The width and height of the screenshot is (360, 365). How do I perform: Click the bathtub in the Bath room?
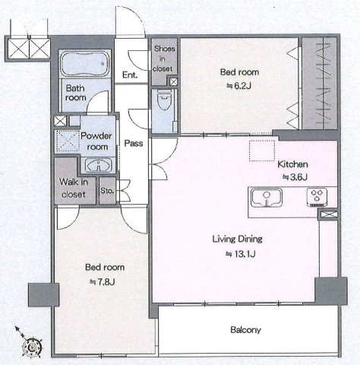pyautogui.click(x=85, y=64)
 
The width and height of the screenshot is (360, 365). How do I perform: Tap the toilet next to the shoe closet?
pyautogui.click(x=164, y=100)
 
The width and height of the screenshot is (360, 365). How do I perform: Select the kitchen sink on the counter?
pyautogui.click(x=267, y=198)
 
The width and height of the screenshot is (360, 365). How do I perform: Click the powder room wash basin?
pyautogui.click(x=99, y=166)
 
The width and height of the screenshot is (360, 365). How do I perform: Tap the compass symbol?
pyautogui.click(x=32, y=347)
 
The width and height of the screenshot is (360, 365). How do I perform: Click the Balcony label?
pyautogui.click(x=245, y=330)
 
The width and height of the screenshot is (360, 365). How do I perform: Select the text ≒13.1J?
pyautogui.click(x=240, y=253)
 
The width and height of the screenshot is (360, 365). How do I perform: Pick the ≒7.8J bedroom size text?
pyautogui.click(x=103, y=281)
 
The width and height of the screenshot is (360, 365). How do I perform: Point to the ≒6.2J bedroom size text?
pyautogui.click(x=238, y=86)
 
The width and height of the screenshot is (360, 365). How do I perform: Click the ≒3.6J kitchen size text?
pyautogui.click(x=295, y=177)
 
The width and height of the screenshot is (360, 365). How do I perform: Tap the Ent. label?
pyautogui.click(x=130, y=75)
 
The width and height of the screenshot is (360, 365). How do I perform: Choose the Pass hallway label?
pyautogui.click(x=134, y=143)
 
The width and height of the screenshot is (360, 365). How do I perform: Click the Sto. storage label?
pyautogui.click(x=107, y=191)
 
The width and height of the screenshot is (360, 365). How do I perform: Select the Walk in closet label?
pyautogui.click(x=74, y=188)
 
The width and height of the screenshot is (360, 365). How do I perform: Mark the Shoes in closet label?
pyautogui.click(x=164, y=59)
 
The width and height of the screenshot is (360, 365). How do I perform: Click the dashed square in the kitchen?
pyautogui.click(x=262, y=151)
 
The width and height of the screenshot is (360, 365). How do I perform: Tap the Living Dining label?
pyautogui.click(x=237, y=239)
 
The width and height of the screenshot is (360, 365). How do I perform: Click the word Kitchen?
pyautogui.click(x=292, y=164)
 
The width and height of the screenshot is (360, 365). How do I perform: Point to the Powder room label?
pyautogui.click(x=96, y=141)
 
